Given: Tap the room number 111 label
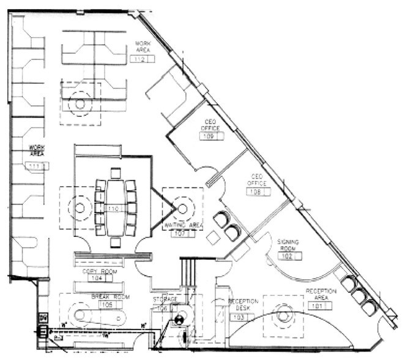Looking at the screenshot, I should click(37, 166).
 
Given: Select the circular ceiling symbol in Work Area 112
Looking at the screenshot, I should click(80, 103).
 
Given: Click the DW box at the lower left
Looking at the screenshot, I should click(43, 318).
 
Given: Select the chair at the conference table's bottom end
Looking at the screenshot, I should click(114, 242).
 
